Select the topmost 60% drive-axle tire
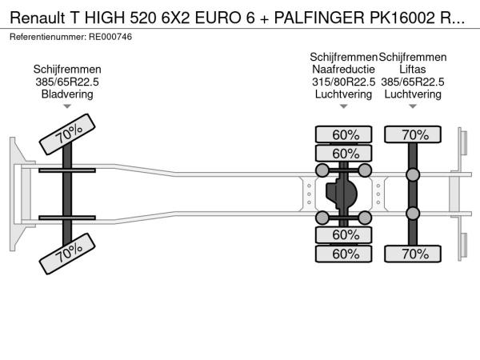pos(345,134)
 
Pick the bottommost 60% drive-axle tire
pos(345,254)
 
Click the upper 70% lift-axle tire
pos(414,134)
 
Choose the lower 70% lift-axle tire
pos(414,254)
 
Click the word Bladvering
pos(67,94)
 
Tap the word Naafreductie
pos(344,69)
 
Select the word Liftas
pos(413,69)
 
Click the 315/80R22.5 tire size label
pos(344,82)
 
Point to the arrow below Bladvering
pos(67,106)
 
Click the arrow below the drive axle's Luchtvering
pos(344,106)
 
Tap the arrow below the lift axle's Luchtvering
pos(413,106)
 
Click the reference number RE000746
pos(110,37)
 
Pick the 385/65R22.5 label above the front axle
pos(67,82)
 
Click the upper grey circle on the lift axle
pos(414,175)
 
